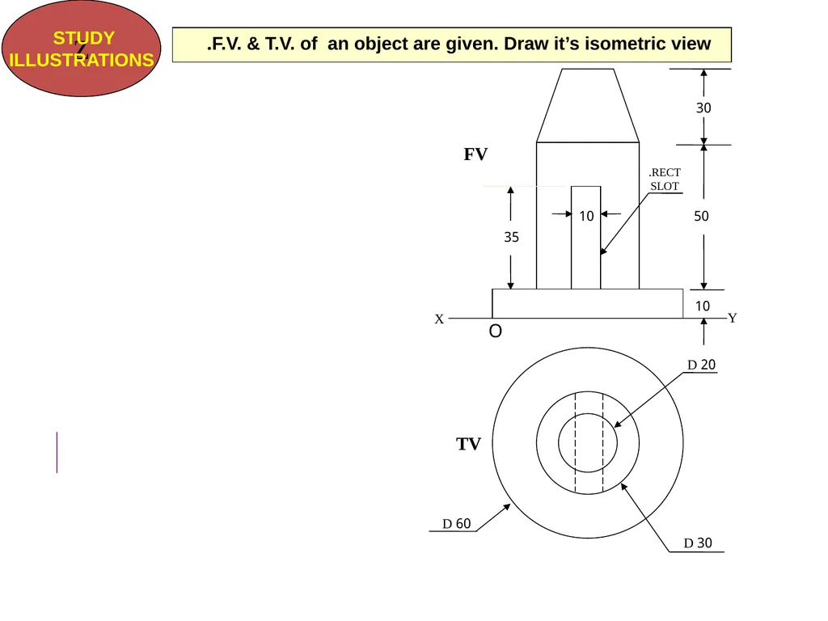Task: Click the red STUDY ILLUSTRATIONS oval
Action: [82, 49]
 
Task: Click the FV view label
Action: [475, 154]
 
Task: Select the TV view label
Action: [468, 444]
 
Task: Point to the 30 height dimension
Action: [703, 108]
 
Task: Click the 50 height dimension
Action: [701, 216]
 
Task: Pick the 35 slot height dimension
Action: [511, 237]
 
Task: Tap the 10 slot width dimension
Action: [586, 216]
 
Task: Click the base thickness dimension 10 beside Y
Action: [703, 306]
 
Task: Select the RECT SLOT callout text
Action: [665, 180]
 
